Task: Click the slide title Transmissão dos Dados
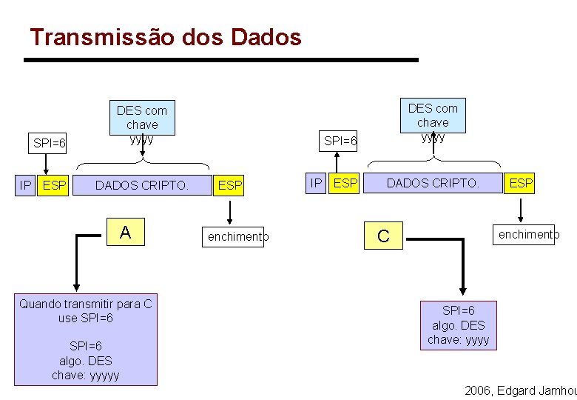[x=166, y=36]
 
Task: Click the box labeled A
[x=125, y=233]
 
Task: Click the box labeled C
[x=383, y=236]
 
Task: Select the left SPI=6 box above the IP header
[x=50, y=143]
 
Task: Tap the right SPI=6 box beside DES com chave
[x=340, y=140]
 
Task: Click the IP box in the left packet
[x=25, y=185]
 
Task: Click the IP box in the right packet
[x=316, y=182]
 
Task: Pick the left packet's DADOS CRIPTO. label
[x=141, y=186]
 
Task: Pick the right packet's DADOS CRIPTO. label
[x=433, y=182]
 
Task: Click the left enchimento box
[x=233, y=237]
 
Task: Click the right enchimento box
[x=524, y=235]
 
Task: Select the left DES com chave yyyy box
[x=142, y=124]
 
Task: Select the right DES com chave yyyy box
[x=433, y=122]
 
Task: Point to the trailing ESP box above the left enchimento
[x=230, y=186]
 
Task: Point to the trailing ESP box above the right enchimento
[x=521, y=182]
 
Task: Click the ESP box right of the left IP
[x=54, y=185]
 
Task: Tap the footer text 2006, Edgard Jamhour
[x=520, y=390]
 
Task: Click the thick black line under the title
[x=221, y=59]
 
